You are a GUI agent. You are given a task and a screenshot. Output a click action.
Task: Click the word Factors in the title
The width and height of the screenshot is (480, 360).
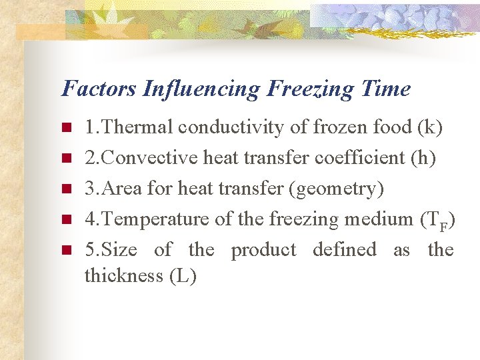pyautogui.click(x=99, y=89)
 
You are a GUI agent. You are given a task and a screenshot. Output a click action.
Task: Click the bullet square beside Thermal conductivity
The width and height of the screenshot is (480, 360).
pyautogui.click(x=65, y=128)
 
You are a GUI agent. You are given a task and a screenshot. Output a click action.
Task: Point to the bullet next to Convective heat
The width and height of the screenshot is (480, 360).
pyautogui.click(x=65, y=159)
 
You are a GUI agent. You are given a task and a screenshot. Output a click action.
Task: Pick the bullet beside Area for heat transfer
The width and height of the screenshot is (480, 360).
pyautogui.click(x=65, y=189)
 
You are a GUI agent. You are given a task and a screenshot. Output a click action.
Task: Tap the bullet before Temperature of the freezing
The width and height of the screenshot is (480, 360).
pyautogui.click(x=65, y=220)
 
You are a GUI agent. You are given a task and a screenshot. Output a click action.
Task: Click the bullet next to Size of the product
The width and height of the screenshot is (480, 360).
pyautogui.click(x=65, y=251)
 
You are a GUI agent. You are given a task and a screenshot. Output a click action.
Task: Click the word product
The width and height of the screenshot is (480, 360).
pyautogui.click(x=263, y=250)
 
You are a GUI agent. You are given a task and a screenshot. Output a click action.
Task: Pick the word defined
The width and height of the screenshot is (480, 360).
pyautogui.click(x=345, y=250)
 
